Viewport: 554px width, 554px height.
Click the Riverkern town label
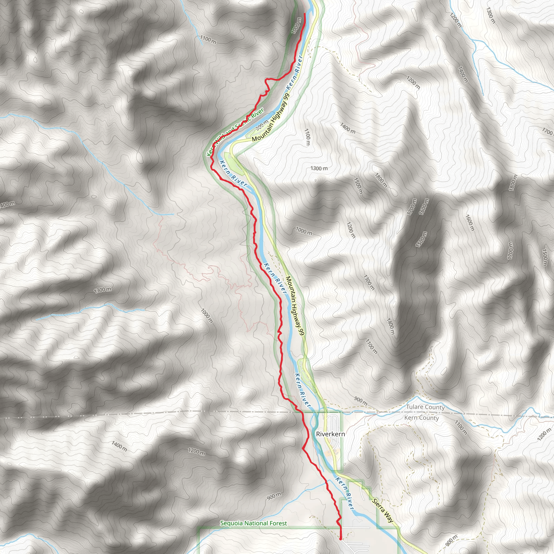pyautogui.click(x=330, y=434)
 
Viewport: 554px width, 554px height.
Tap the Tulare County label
pyautogui.click(x=425, y=407)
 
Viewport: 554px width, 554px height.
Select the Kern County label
pyautogui.click(x=421, y=418)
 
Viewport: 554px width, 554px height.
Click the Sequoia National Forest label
pyautogui.click(x=253, y=523)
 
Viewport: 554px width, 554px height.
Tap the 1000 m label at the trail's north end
pyautogui.click(x=296, y=25)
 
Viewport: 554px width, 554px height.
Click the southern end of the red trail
pyautogui.click(x=340, y=539)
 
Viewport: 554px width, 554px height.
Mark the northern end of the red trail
pyautogui.click(x=304, y=14)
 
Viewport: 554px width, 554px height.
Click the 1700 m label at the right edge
pyautogui.click(x=548, y=132)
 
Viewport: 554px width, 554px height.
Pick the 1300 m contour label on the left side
pyautogui.click(x=103, y=290)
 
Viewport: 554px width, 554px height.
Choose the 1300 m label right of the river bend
pyautogui.click(x=319, y=168)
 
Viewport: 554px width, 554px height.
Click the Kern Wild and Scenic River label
pyautogui.click(x=235, y=132)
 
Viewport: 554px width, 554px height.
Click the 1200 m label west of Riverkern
pyautogui.click(x=196, y=452)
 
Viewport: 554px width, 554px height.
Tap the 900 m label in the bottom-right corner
pyautogui.click(x=451, y=541)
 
